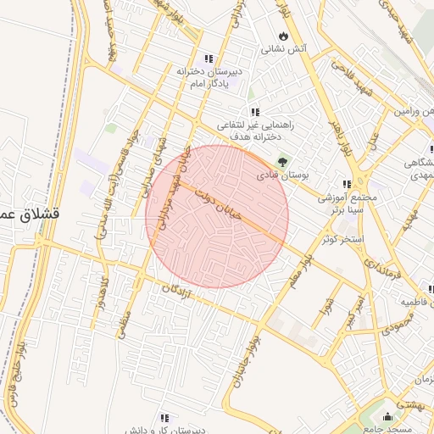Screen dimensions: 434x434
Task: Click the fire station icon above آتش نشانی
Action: coord(283,36)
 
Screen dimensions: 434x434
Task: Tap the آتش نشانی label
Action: coord(282,50)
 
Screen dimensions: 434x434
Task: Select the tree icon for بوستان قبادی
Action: coord(282,161)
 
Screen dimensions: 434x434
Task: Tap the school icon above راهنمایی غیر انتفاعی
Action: coord(254,111)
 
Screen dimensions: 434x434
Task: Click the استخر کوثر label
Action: coord(342,239)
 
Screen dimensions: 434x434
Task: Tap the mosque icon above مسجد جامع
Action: coord(389,416)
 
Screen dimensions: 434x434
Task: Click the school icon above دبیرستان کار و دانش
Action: coord(164,418)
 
